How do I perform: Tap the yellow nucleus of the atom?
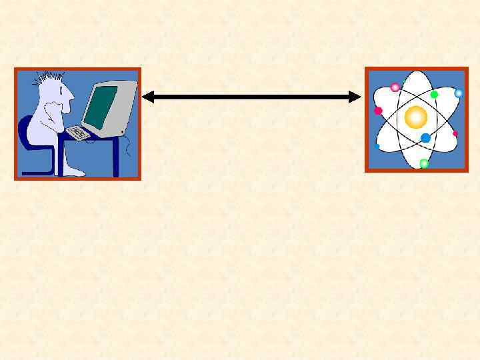[416, 118]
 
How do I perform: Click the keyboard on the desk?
[79, 133]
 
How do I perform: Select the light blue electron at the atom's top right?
[458, 93]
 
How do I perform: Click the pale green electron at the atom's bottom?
[423, 163]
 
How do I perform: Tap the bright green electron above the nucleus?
[434, 95]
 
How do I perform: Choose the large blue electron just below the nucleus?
[425, 138]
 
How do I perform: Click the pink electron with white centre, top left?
[395, 87]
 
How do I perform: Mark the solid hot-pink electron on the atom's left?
[378, 111]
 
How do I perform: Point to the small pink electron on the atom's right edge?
[455, 133]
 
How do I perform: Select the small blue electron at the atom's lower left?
[377, 146]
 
